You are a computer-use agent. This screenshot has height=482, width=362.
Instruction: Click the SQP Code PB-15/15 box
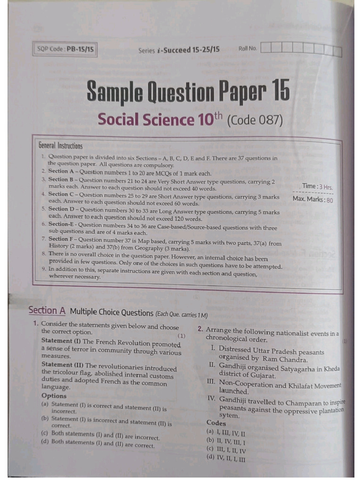point(66,49)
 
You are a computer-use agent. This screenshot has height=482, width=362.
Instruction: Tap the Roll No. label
point(247,48)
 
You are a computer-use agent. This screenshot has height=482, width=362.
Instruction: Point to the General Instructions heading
point(61,146)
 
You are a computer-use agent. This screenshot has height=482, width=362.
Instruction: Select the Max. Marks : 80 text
point(313,199)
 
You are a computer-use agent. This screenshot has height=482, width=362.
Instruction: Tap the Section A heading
point(47,310)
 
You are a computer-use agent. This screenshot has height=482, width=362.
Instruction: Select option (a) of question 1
point(104,408)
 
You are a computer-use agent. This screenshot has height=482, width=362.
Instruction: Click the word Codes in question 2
point(216,423)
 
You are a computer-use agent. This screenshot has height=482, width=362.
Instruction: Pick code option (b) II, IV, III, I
point(226,441)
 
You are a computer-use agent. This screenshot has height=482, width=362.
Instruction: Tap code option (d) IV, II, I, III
point(226,459)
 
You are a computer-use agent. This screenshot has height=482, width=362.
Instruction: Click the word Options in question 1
point(54,396)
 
